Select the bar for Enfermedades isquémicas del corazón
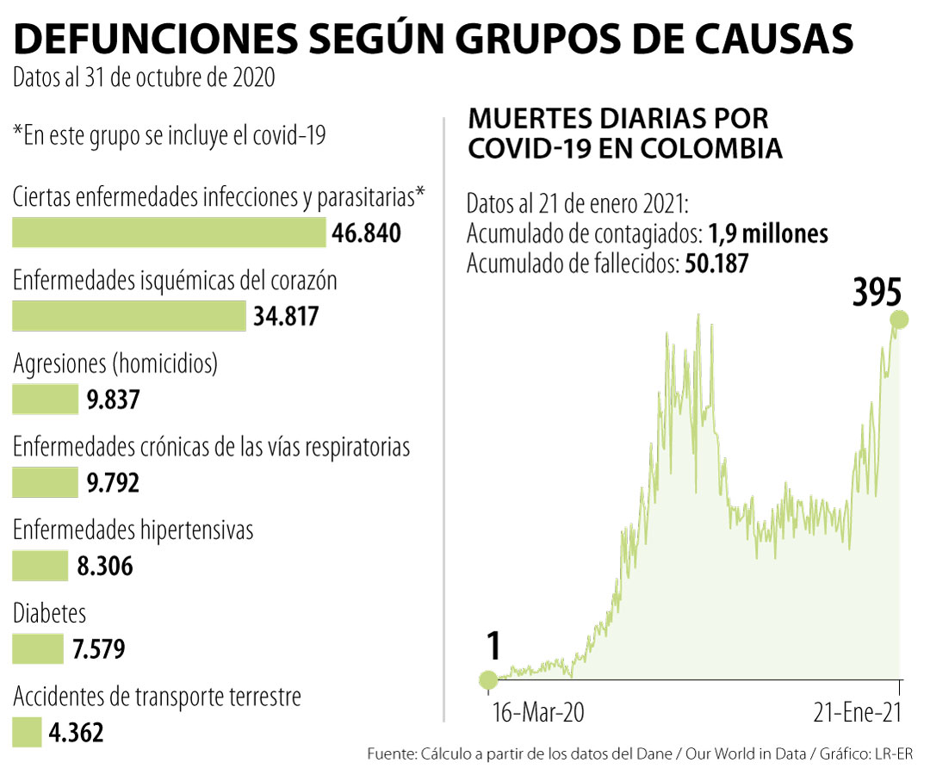(x=129, y=317)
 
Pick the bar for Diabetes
(x=38, y=649)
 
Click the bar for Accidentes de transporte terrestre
(x=27, y=733)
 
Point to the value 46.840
(x=366, y=233)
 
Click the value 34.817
(x=286, y=317)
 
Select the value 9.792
(x=113, y=483)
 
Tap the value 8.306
(x=104, y=567)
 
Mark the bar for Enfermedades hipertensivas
(x=40, y=567)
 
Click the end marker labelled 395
(x=900, y=320)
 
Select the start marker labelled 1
(x=488, y=680)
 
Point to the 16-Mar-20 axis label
(x=537, y=713)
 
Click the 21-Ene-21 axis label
(x=858, y=713)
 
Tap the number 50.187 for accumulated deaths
(x=716, y=263)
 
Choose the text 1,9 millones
(x=768, y=234)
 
